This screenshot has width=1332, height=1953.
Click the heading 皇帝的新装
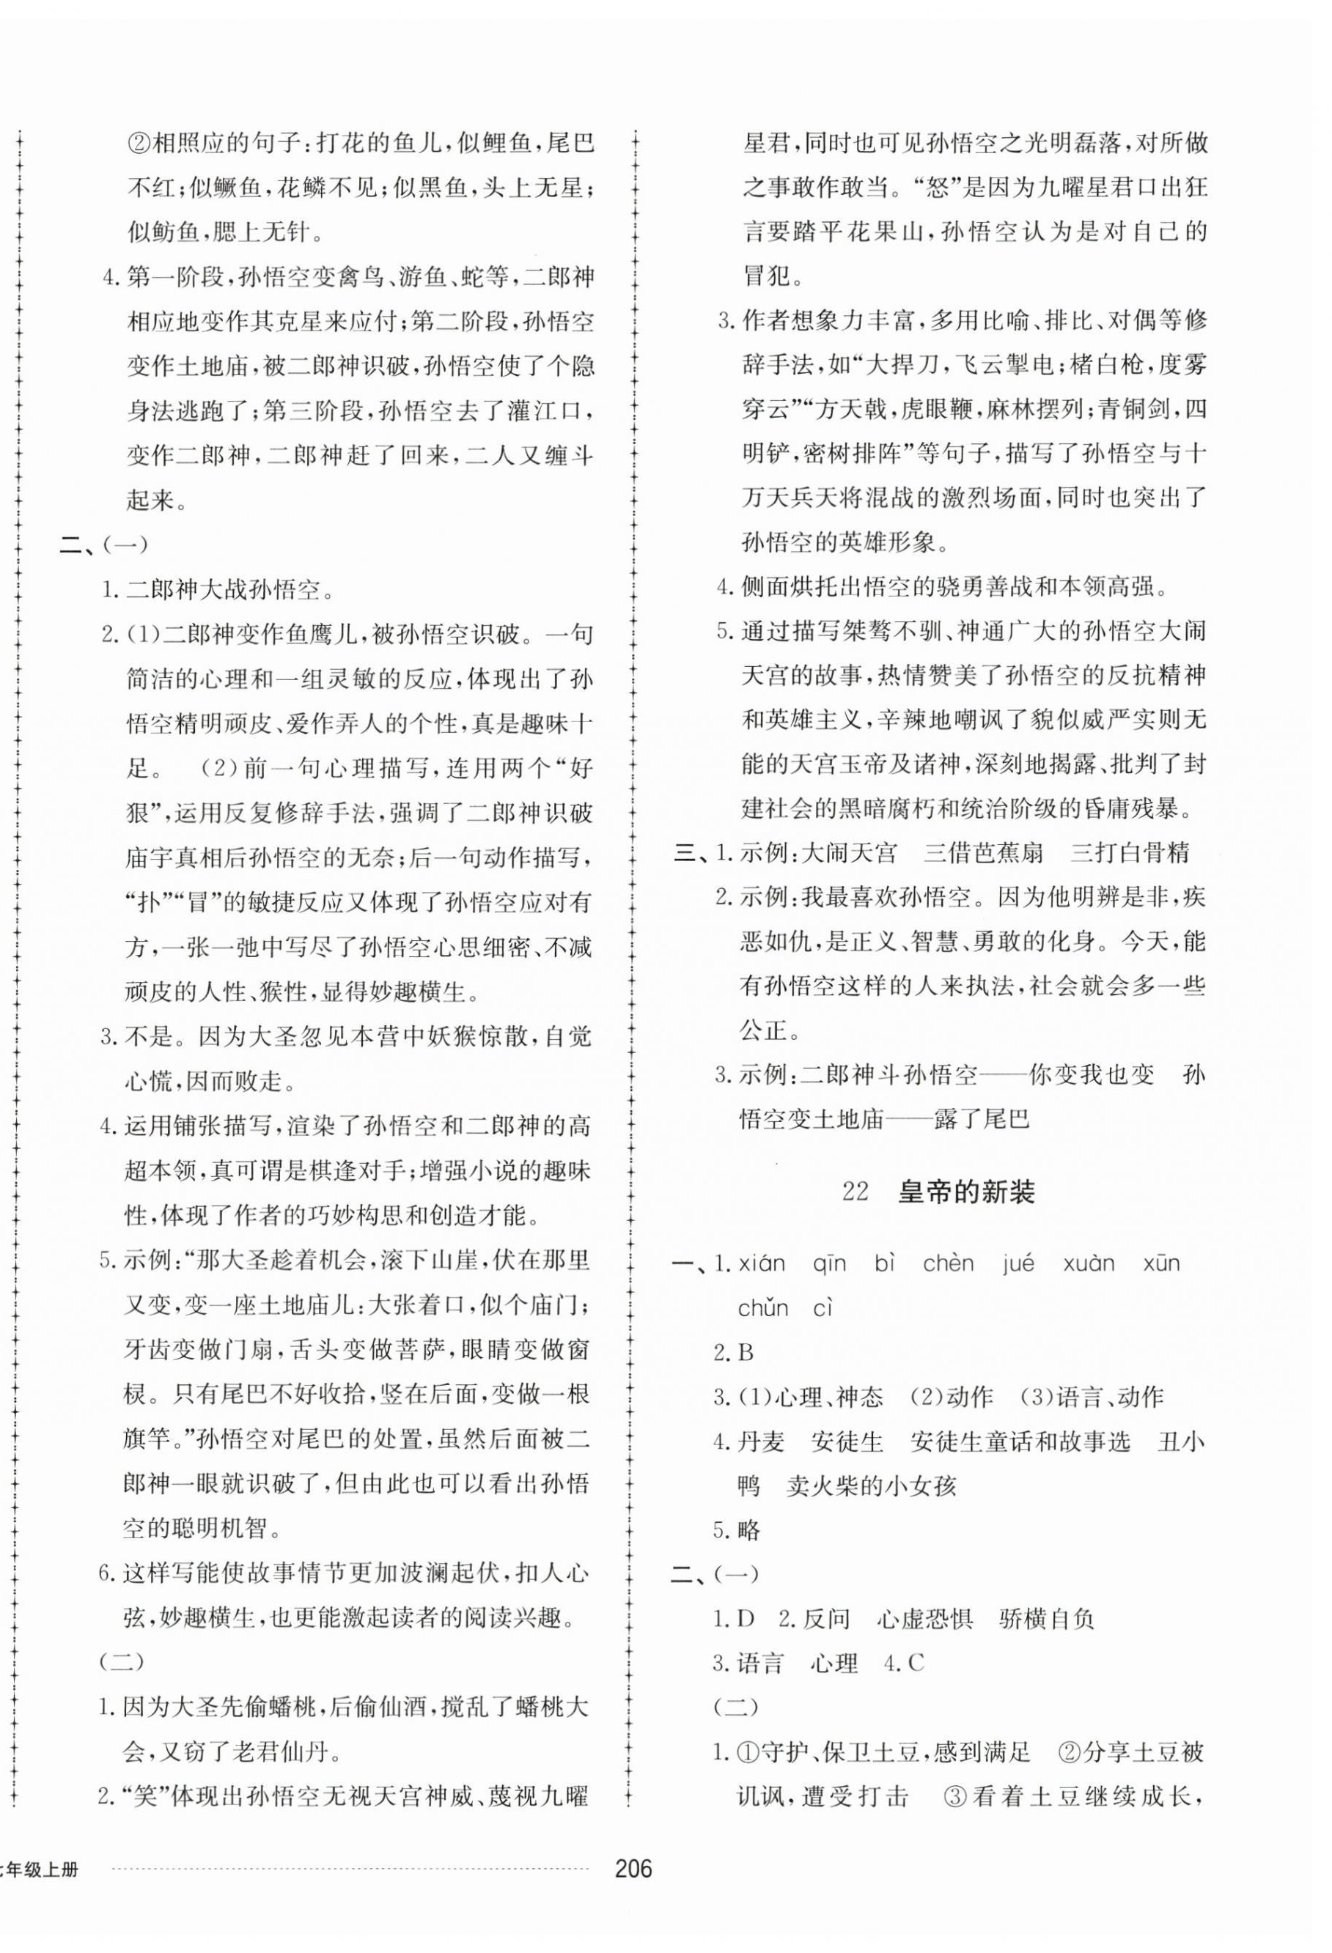[x=965, y=1192]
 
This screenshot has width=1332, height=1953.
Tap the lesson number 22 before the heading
[x=854, y=1192]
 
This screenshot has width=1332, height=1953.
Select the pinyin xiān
[x=762, y=1264]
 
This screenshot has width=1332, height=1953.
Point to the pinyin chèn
[x=948, y=1264]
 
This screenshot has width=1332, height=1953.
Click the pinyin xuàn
[x=1089, y=1264]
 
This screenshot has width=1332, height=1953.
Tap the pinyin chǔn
[x=763, y=1308]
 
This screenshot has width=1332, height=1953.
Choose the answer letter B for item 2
[x=745, y=1353]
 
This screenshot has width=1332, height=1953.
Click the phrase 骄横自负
[x=1047, y=1620]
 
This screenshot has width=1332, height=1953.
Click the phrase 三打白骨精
[x=1130, y=853]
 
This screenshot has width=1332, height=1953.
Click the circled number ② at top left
[x=139, y=144]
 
